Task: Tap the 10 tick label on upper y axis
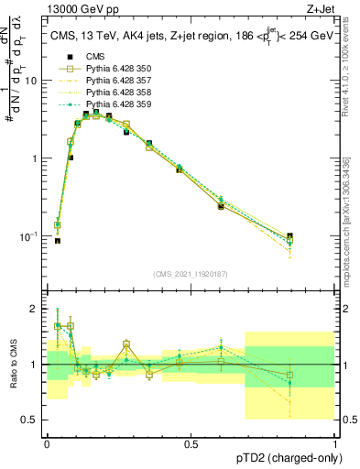tap(29, 81)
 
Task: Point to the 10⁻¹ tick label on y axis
tap(27, 235)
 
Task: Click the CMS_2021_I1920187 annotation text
tap(191, 274)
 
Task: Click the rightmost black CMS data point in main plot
tap(289, 236)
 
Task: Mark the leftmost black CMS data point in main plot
tap(57, 241)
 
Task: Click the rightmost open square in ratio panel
tap(289, 375)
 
